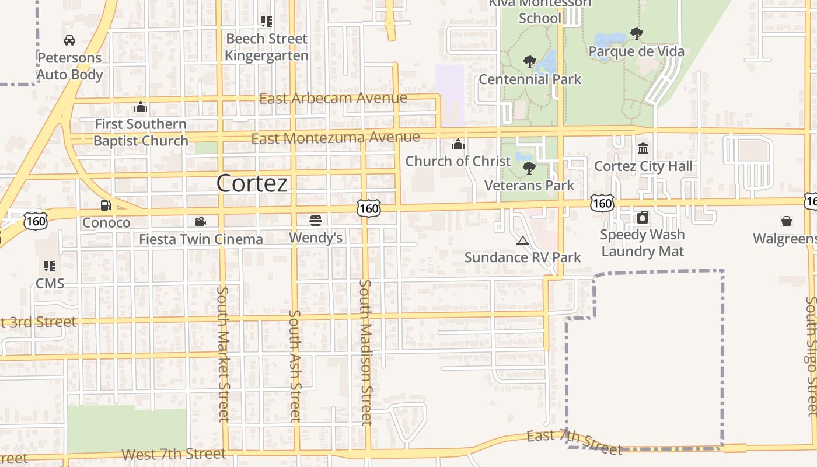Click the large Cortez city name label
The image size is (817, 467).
252,183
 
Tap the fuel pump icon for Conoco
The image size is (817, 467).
106,205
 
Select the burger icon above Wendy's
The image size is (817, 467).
316,220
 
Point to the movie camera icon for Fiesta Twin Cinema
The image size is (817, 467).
200,221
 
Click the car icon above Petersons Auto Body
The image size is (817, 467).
69,40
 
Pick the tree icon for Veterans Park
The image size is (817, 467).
529,168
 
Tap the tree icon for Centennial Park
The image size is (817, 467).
529,61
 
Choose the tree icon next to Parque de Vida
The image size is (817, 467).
637,34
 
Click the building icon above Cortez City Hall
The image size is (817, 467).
643,149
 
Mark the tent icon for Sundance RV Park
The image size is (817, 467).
522,241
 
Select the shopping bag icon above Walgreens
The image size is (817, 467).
786,221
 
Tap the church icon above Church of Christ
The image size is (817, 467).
458,144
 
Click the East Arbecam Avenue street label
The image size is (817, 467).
333,98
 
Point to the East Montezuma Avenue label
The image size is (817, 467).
336,138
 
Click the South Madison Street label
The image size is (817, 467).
366,353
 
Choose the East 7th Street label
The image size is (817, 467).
574,442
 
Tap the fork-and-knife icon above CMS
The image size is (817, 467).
50,266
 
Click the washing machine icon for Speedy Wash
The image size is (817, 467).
643,218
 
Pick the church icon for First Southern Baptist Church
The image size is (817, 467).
140,107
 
